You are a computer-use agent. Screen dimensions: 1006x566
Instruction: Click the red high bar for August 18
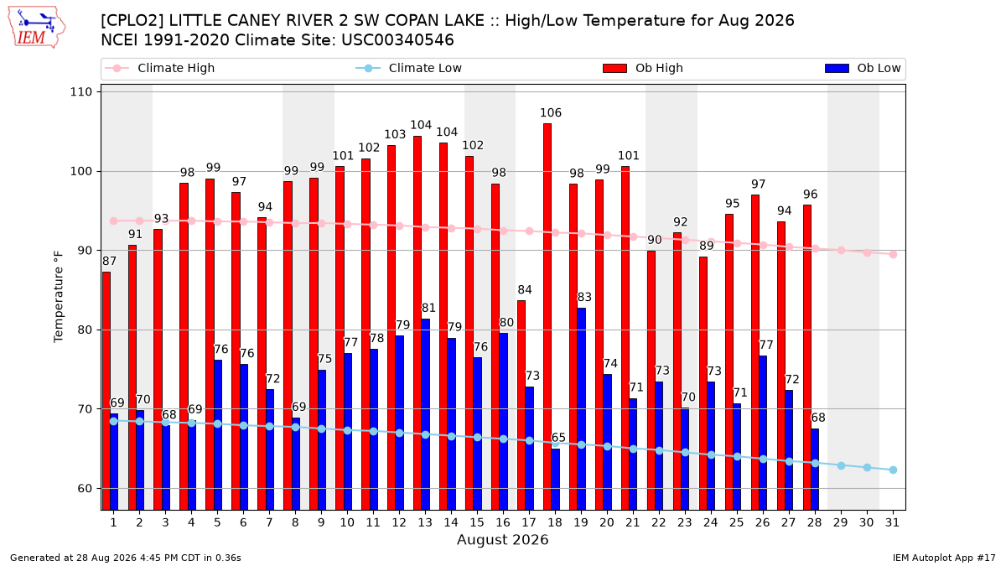[547, 317]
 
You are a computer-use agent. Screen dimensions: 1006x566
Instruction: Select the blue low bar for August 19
[581, 409]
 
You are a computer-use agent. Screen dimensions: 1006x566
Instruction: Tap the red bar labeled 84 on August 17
[521, 405]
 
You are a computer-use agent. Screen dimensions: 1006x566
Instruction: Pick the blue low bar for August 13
[425, 414]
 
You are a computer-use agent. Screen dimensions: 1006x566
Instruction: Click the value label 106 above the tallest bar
[551, 112]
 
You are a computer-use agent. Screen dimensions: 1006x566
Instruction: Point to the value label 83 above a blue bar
[584, 298]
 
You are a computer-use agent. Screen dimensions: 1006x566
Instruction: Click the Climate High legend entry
[159, 68]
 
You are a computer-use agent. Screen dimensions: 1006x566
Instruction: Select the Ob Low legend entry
[863, 68]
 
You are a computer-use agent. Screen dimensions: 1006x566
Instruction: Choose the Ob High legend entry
[643, 68]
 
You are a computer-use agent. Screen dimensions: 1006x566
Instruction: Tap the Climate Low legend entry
[409, 68]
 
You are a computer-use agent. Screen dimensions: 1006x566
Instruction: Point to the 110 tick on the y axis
[80, 92]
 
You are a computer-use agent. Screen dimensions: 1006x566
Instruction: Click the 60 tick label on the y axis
[85, 488]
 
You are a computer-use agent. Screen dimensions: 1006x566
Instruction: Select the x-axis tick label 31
[892, 522]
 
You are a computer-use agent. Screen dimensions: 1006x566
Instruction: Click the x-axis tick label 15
[477, 522]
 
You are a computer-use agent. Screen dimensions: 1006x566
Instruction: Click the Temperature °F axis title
[59, 297]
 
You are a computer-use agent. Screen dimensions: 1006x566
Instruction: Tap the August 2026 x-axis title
[502, 539]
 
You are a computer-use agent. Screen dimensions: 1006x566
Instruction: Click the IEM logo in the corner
[37, 28]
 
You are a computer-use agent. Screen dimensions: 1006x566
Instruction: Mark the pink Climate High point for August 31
[894, 254]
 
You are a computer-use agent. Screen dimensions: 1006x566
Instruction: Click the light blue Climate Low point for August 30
[867, 468]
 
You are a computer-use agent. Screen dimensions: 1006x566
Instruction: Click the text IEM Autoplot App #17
[944, 558]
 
